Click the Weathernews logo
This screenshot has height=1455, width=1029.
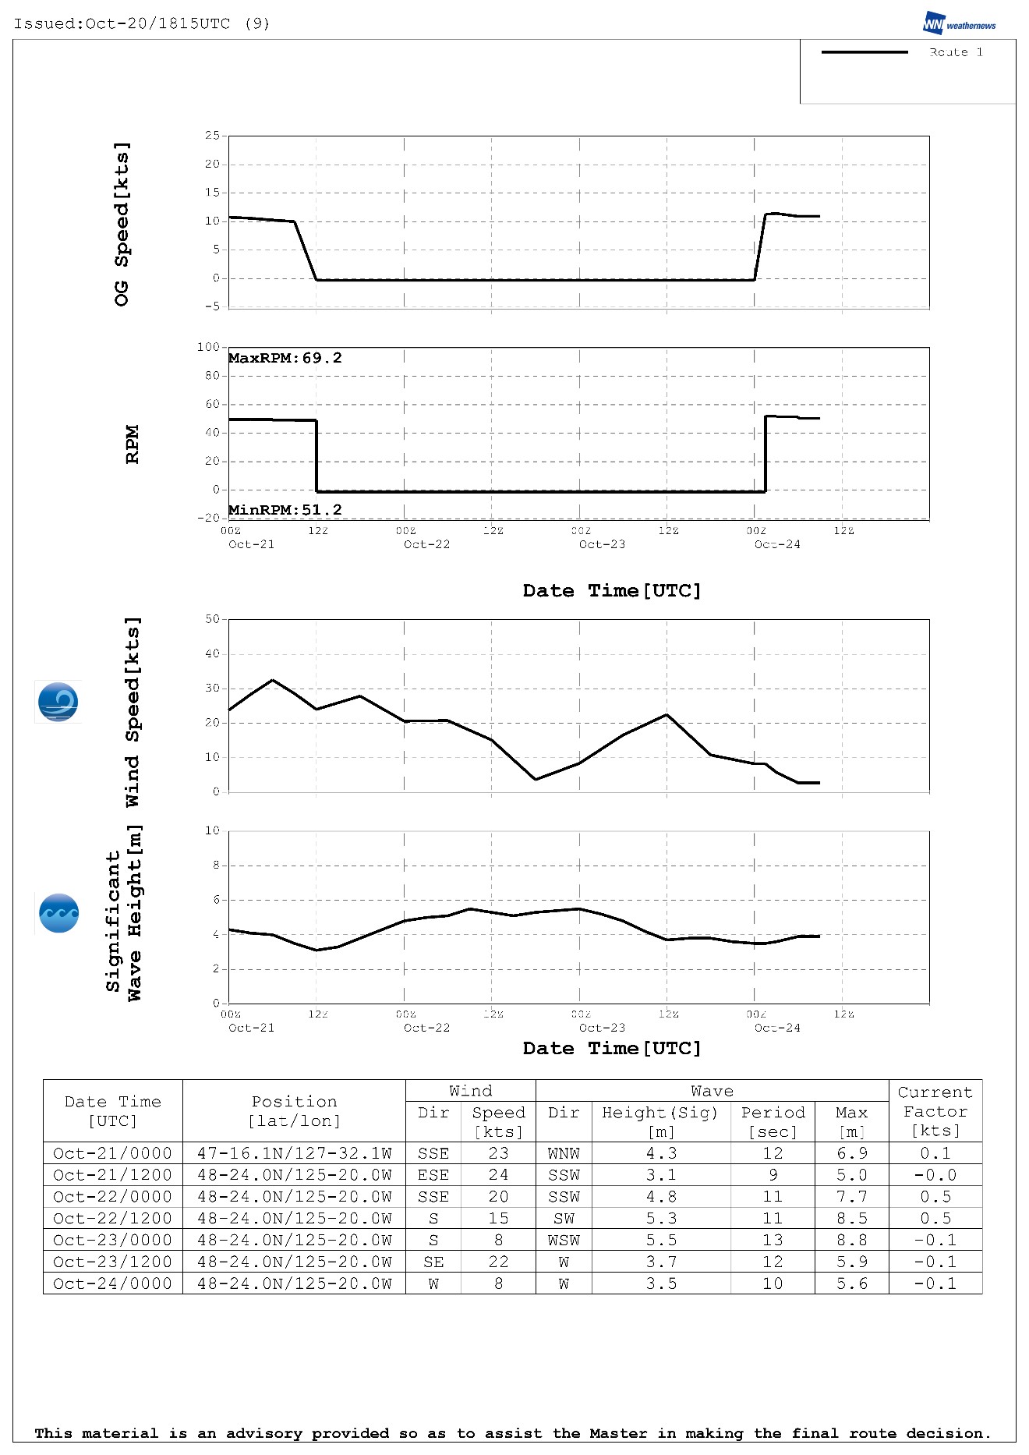point(959,23)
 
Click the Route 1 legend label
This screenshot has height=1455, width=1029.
point(956,52)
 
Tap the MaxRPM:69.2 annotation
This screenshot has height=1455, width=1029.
point(285,358)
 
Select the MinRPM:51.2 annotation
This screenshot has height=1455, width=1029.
point(285,510)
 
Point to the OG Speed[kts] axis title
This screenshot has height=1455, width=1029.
point(122,224)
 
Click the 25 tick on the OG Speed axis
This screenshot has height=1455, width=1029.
point(212,135)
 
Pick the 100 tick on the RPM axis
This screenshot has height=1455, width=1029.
point(209,346)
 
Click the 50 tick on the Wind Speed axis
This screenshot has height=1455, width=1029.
point(212,619)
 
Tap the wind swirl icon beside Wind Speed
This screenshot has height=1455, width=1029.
point(58,702)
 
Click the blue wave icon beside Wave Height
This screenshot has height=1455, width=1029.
point(58,913)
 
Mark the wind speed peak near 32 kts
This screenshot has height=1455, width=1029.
point(272,680)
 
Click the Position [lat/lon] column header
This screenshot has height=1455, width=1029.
point(294,1111)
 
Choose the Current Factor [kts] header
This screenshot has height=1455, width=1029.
point(935,1111)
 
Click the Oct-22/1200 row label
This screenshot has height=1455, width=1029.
point(112,1218)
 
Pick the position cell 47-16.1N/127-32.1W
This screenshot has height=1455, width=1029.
point(294,1153)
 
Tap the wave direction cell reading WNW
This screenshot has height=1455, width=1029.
point(564,1153)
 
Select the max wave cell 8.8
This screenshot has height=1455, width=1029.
point(851,1240)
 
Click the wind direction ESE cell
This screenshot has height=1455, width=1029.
point(433,1175)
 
